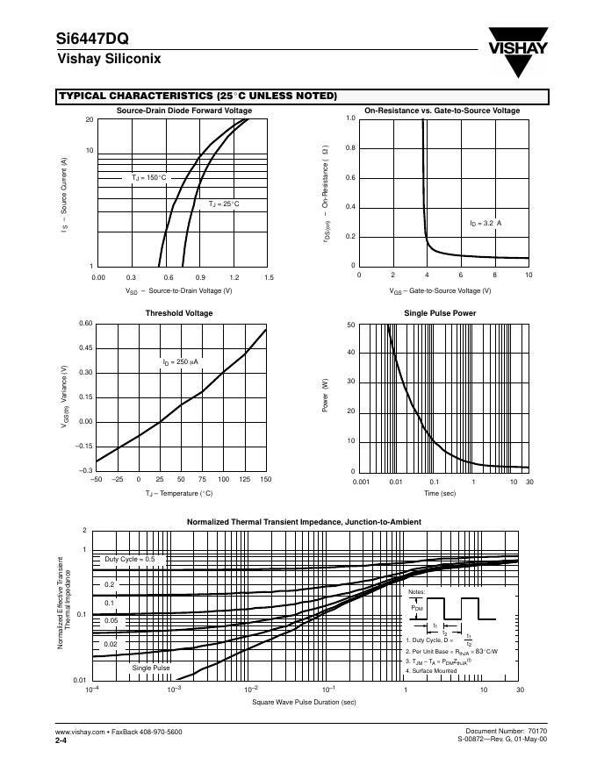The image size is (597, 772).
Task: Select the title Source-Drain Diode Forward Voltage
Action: [184, 111]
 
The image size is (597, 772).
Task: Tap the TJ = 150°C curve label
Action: [148, 177]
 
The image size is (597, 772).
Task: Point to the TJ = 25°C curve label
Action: [224, 204]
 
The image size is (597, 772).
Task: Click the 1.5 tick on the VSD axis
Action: [269, 277]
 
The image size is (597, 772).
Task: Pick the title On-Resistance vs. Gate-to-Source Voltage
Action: [442, 111]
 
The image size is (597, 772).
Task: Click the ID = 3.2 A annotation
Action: [486, 224]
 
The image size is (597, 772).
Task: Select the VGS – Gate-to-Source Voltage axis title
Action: [441, 290]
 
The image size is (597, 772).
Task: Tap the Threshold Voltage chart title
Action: [179, 313]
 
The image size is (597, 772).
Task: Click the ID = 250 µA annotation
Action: [180, 361]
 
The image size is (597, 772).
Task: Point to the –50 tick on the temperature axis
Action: [96, 479]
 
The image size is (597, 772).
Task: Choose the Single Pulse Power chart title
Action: [440, 313]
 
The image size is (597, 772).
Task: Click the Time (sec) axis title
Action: [440, 494]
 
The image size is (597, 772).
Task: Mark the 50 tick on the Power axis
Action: [351, 325]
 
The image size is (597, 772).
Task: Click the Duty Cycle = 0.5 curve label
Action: [130, 559]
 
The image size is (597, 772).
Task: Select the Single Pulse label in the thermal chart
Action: [151, 668]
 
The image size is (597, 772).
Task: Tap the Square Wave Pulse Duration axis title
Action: [304, 702]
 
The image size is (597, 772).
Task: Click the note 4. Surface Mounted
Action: [431, 671]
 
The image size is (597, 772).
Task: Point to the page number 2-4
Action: [61, 740]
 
